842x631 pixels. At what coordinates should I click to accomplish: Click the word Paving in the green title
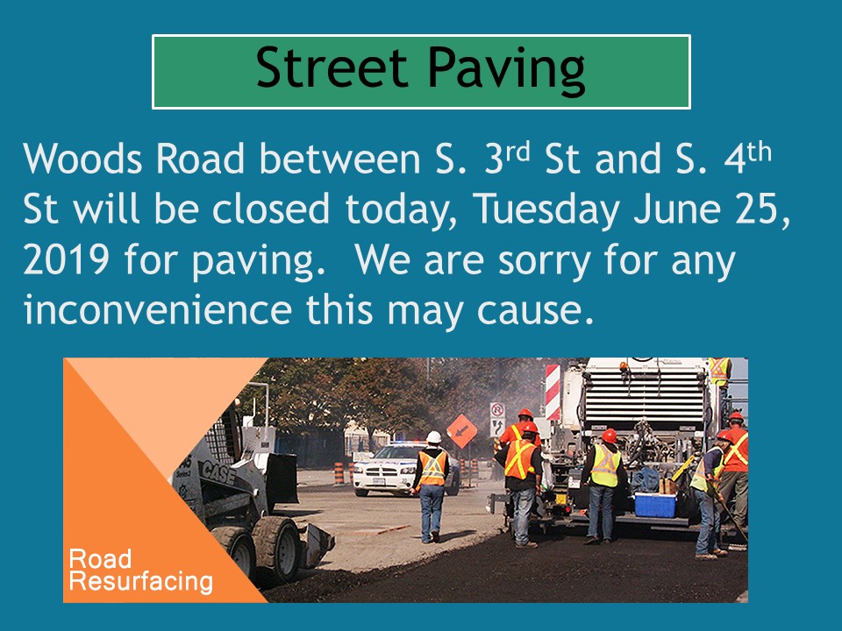coord(506,69)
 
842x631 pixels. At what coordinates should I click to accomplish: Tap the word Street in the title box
coord(332,67)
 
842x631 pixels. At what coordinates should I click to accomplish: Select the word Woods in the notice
coord(82,159)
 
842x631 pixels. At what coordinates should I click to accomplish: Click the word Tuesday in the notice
coord(546,209)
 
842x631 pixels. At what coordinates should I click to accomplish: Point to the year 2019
coord(66,260)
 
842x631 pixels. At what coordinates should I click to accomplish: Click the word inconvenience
coord(157,310)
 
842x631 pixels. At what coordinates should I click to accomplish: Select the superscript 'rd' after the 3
coord(517,152)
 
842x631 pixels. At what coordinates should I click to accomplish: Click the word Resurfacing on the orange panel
coord(140,582)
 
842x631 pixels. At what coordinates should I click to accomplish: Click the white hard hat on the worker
coord(433,437)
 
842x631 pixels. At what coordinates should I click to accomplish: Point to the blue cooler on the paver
coord(655,505)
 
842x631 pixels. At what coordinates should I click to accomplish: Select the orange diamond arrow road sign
coord(462,430)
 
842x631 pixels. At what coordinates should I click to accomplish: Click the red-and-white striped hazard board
coord(553,392)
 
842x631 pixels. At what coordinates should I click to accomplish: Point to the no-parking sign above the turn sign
coord(497,411)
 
